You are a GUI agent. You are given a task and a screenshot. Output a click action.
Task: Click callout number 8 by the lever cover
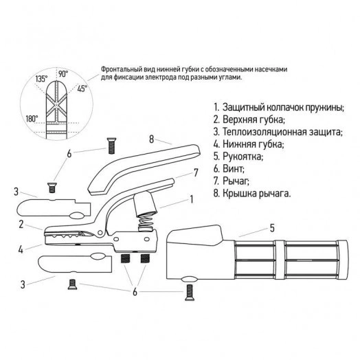[151, 138]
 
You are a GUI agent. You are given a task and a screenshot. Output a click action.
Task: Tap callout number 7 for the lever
[196, 172]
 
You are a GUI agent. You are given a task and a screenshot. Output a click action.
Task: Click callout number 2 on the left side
[22, 225]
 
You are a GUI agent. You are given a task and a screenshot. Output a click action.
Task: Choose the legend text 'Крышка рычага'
[258, 194]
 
